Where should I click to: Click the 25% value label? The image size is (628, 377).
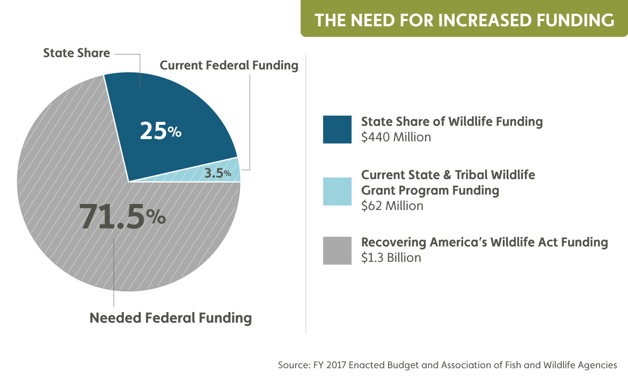pos(161,131)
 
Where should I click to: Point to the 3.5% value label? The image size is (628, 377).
pos(218,173)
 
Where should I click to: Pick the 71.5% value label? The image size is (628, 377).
pos(122,217)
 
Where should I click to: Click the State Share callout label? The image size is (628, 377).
pos(77,53)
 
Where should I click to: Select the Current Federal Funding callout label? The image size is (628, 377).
pos(229,65)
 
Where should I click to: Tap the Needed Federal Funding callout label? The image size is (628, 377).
pos(171,318)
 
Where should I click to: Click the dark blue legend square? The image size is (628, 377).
pos(337,129)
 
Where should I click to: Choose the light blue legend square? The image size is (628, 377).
pos(337,191)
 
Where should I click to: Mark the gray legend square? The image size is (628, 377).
pos(337,250)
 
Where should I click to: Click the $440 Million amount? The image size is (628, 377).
pos(396,137)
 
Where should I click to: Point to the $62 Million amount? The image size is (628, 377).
pos(392,206)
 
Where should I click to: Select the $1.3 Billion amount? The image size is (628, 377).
pos(391,258)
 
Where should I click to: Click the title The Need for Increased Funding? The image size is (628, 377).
pos(464,20)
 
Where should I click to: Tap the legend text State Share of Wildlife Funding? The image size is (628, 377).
pos(452,121)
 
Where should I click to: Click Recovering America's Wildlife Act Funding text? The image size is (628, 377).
pos(484,242)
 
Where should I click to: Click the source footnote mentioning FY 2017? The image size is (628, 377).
pos(447,365)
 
